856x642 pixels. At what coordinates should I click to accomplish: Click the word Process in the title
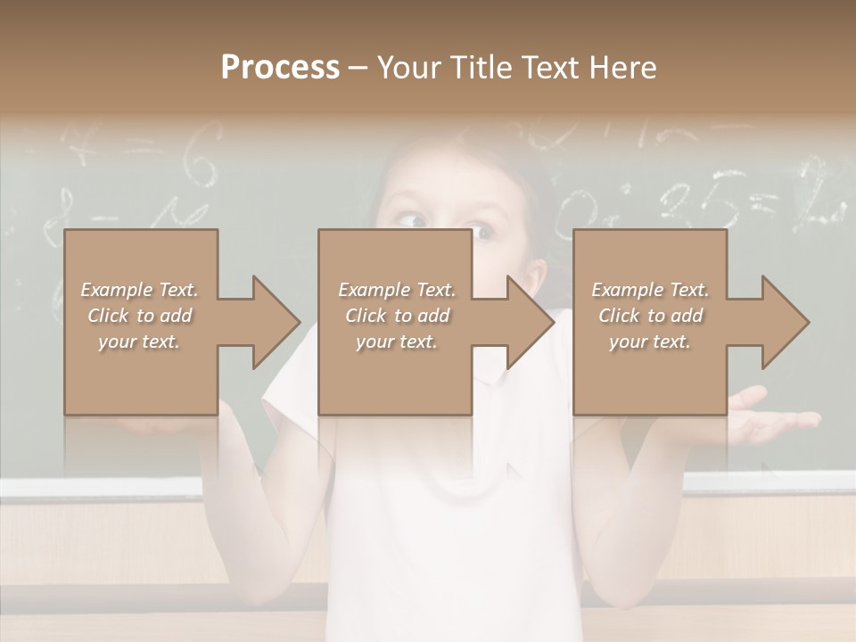280,67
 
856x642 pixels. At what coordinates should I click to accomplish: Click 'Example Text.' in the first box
139,290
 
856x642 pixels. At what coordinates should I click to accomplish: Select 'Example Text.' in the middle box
396,290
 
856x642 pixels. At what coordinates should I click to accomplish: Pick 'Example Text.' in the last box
650,290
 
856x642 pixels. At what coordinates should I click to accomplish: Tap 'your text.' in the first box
139,342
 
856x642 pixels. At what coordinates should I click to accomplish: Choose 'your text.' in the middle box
396,342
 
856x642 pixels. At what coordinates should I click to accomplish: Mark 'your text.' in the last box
650,342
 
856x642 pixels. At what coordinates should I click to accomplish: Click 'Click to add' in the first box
139,316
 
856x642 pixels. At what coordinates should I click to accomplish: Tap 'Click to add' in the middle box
396,316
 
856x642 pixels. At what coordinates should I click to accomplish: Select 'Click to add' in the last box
650,316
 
